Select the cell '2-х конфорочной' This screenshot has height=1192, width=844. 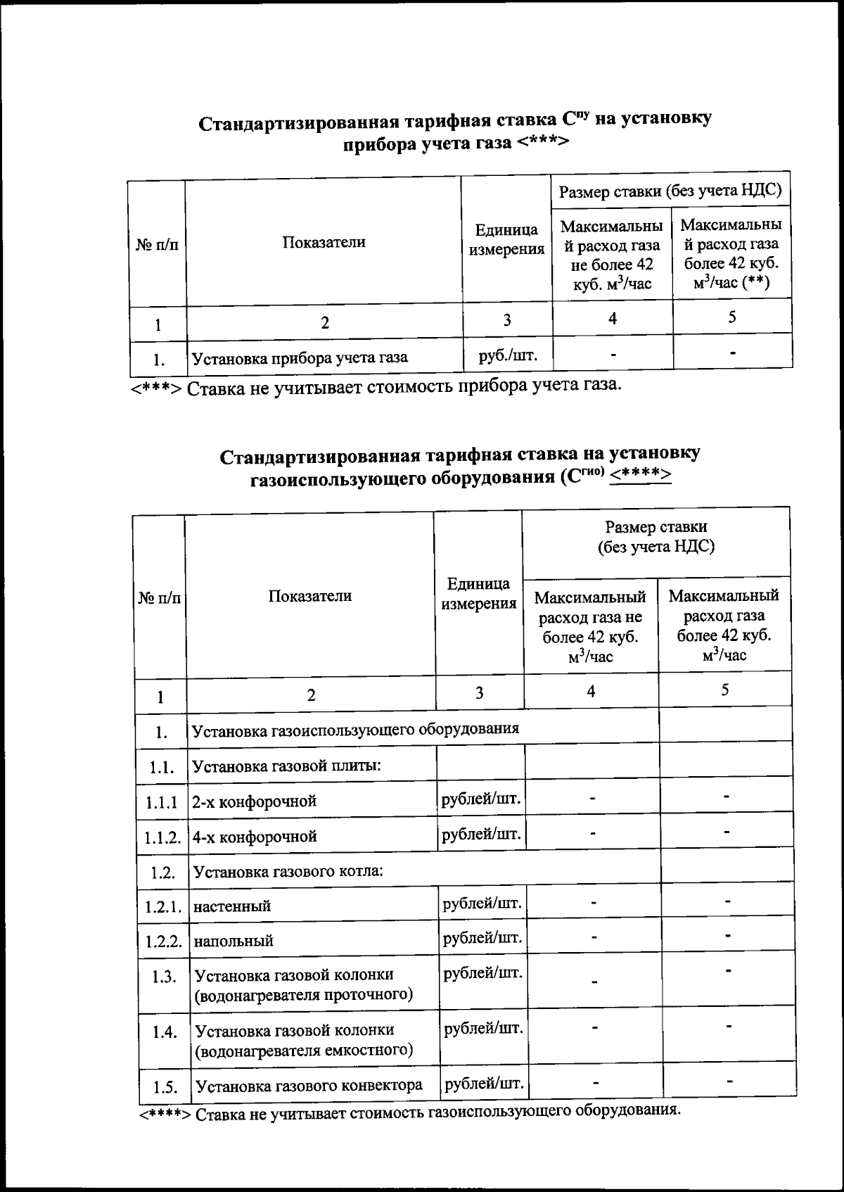point(255,801)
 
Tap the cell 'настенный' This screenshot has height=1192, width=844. point(232,906)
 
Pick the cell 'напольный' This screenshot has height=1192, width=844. point(234,941)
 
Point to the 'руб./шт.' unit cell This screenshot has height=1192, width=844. point(508,355)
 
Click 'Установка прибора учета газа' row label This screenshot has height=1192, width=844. point(300,357)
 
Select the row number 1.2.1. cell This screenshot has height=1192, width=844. point(164,906)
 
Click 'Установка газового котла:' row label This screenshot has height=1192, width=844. point(288,872)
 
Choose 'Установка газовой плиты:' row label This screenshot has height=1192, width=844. point(287,765)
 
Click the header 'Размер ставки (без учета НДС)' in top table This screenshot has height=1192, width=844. point(670,190)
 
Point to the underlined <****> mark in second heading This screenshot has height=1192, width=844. point(640,476)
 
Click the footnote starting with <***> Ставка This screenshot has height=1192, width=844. point(376,386)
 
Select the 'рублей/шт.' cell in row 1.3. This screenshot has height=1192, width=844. point(483,974)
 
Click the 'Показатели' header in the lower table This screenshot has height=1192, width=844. point(309,596)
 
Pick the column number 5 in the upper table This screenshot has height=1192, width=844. point(732,317)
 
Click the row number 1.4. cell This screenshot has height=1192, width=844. point(165,1032)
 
